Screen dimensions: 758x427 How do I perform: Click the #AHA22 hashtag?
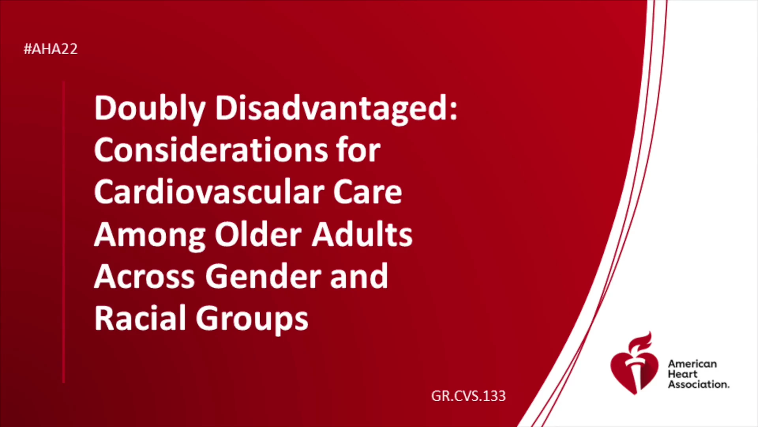(51, 49)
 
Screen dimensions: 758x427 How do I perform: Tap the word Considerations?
(211, 150)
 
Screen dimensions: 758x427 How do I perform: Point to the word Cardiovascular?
(208, 192)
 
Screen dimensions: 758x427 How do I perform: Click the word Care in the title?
(368, 193)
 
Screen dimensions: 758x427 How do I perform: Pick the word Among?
(150, 236)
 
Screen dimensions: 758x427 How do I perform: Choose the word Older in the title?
(258, 234)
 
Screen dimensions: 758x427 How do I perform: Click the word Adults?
(362, 234)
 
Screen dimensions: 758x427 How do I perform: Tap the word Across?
(144, 276)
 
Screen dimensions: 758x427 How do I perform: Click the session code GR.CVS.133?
(468, 396)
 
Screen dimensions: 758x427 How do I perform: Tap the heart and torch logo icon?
(634, 363)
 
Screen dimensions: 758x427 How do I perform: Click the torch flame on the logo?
(640, 342)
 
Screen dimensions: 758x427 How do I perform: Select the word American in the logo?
(692, 364)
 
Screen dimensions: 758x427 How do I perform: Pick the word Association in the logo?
(698, 384)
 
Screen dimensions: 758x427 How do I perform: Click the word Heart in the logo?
(683, 374)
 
